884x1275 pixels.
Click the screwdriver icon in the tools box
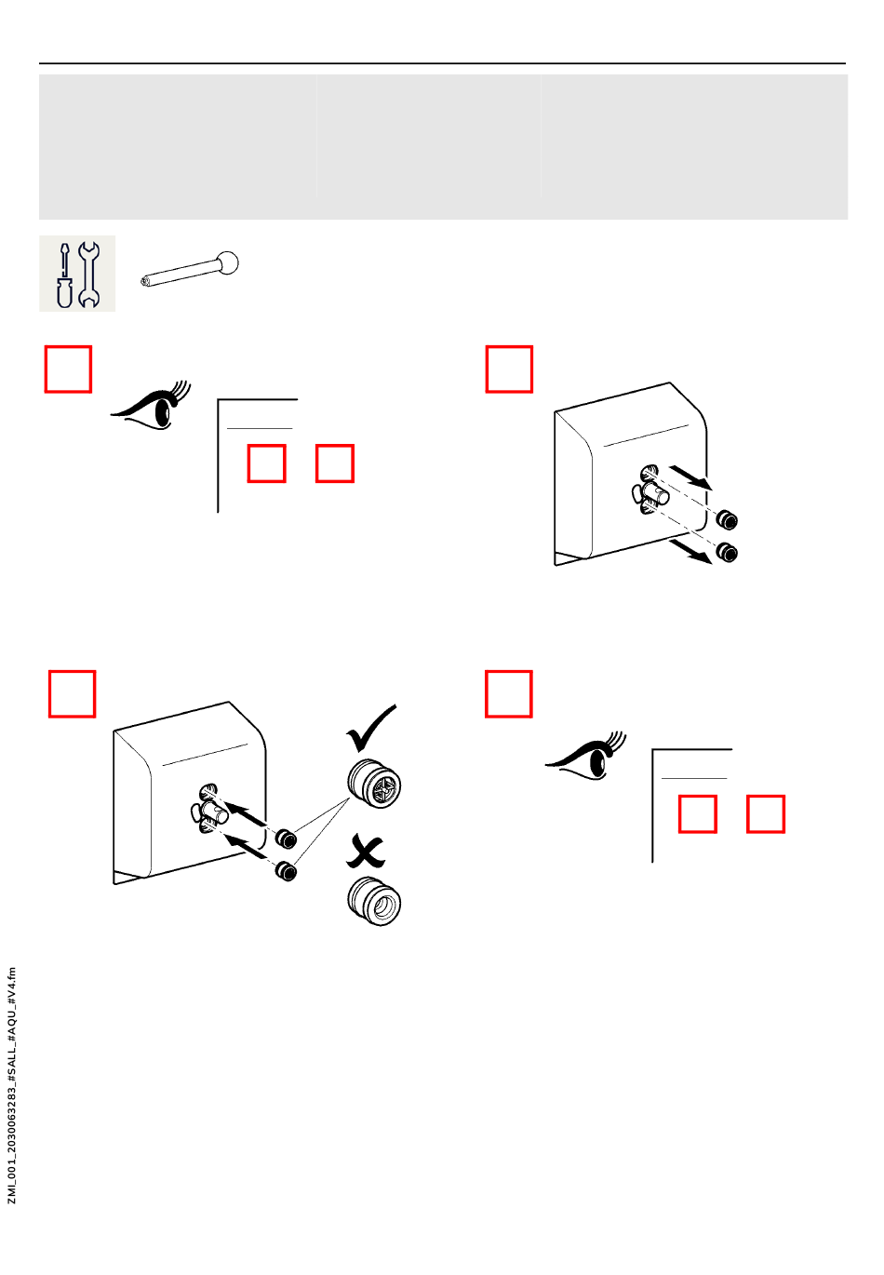63,275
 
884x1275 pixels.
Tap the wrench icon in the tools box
89,275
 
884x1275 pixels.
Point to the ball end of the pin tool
226,263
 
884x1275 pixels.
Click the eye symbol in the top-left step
152,407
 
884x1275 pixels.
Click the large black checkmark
370,728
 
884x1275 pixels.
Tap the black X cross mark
366,851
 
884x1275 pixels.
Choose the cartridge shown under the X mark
375,900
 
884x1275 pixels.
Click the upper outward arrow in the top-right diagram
690,477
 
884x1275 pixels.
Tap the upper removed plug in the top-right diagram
729,519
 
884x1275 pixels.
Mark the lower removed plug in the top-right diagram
729,555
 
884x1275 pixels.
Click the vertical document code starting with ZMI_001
12,1085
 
